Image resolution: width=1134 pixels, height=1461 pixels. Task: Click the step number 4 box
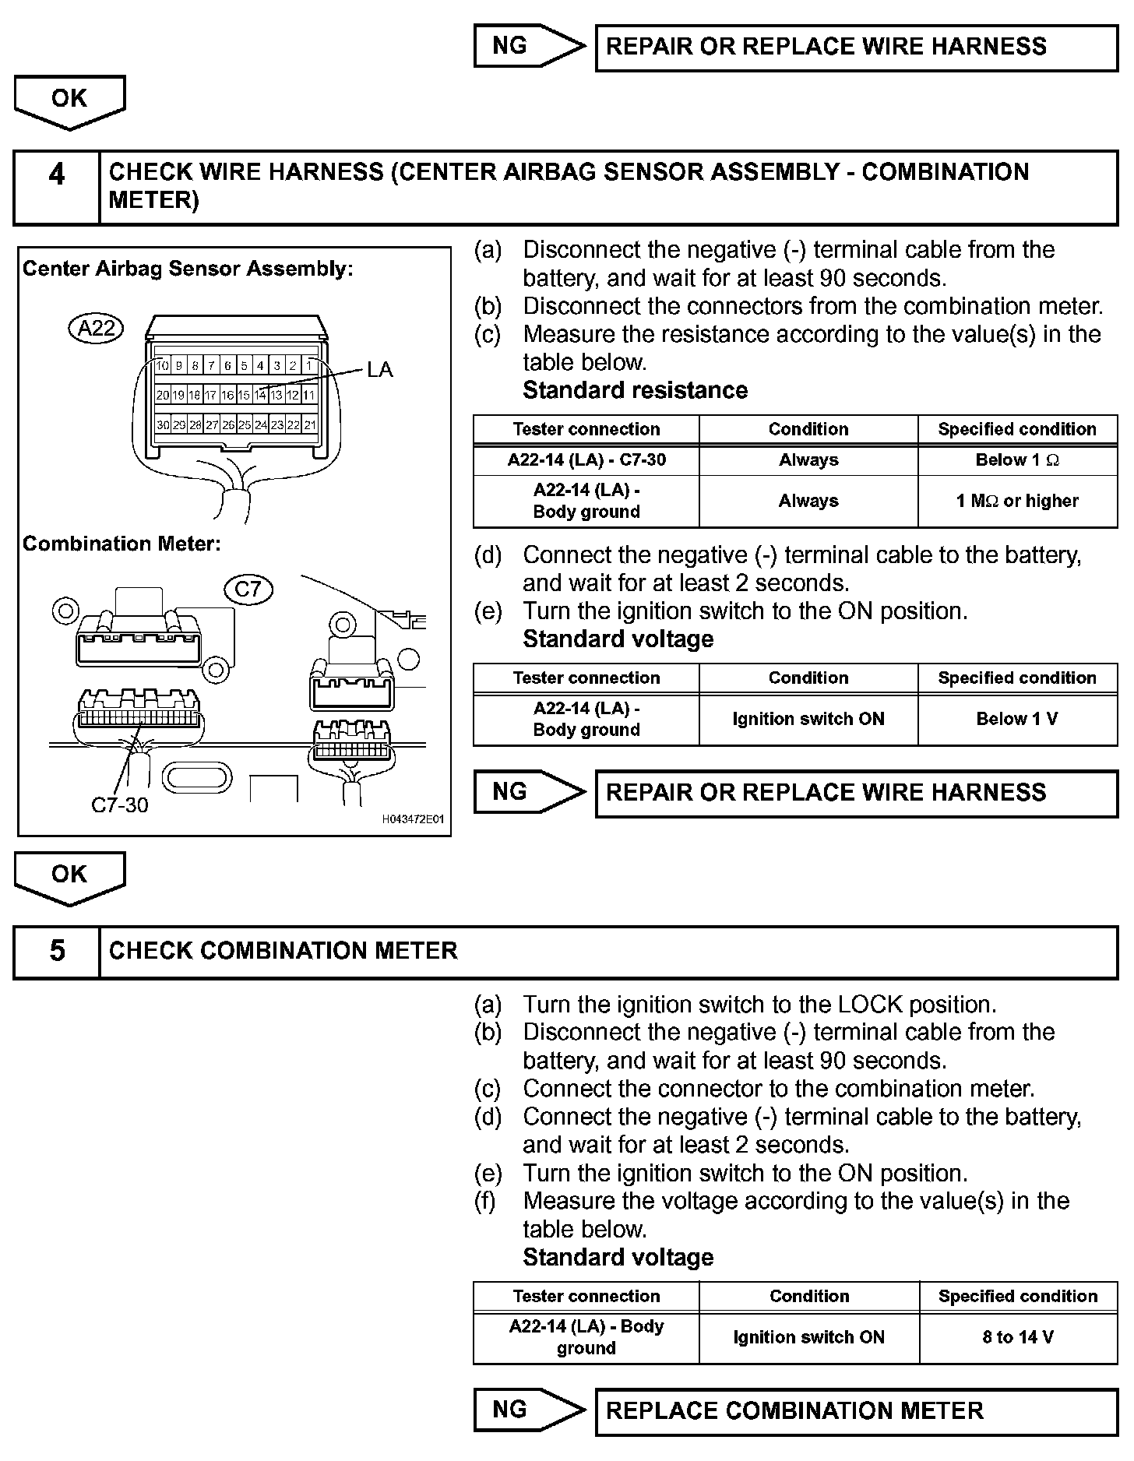click(x=57, y=187)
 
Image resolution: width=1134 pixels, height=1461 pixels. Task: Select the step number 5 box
click(x=57, y=951)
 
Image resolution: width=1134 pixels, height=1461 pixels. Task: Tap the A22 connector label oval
click(x=96, y=328)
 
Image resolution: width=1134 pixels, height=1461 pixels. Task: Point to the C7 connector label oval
click(x=248, y=589)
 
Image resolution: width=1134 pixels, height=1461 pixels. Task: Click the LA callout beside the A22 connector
click(x=380, y=370)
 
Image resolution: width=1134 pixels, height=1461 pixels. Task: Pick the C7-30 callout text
click(x=119, y=805)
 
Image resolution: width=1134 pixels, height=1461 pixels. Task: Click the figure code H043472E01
click(x=413, y=819)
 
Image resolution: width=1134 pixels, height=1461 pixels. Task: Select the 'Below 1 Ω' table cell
click(x=1017, y=460)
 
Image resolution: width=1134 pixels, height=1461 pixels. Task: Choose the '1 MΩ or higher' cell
click(x=1017, y=501)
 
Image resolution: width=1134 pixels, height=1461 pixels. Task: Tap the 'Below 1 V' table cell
click(x=1017, y=719)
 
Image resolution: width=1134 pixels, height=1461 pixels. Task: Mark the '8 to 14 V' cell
click(x=1018, y=1337)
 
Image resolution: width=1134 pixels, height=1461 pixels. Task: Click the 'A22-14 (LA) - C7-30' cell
click(x=586, y=460)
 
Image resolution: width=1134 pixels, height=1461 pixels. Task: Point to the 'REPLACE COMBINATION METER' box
click(x=856, y=1411)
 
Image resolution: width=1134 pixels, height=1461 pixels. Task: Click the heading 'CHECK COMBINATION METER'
click(x=283, y=951)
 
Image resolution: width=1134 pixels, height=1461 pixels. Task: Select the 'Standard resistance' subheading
click(x=635, y=390)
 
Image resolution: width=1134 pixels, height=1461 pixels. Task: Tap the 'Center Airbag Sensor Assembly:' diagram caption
click(x=188, y=269)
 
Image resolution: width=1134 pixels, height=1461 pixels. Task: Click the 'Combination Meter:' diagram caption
click(x=121, y=544)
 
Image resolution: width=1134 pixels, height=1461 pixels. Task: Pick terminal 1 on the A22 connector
click(x=309, y=365)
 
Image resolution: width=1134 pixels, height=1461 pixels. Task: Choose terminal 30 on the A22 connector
click(x=162, y=425)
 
